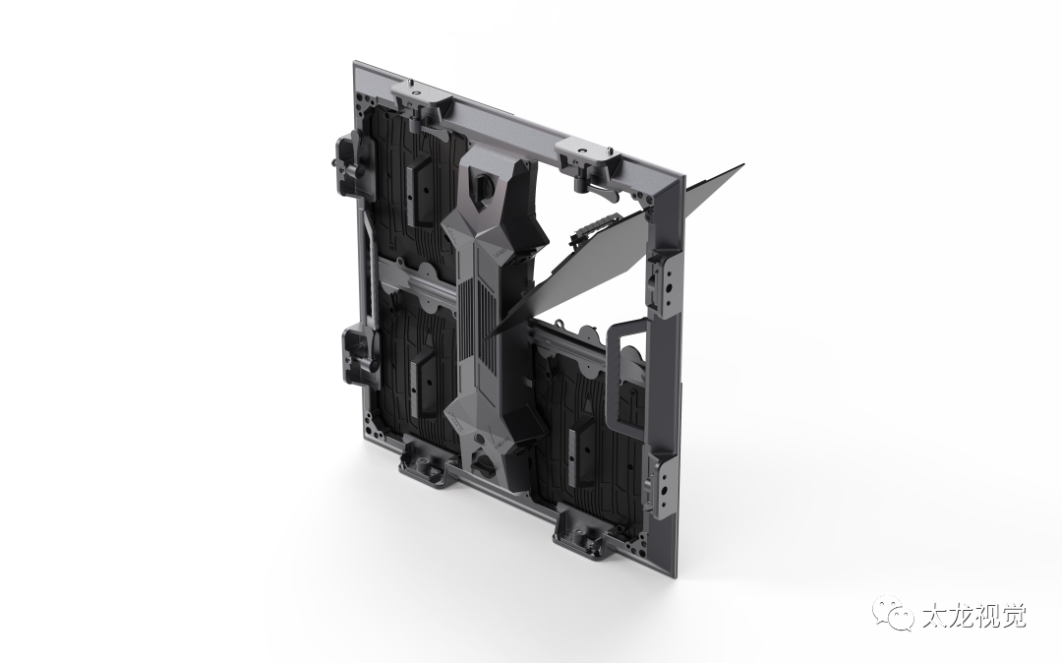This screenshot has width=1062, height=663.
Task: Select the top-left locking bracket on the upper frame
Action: pyautogui.click(x=421, y=97)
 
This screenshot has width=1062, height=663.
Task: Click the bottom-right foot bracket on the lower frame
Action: pyautogui.click(x=586, y=530)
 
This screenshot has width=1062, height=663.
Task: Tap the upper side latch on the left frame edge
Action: pyautogui.click(x=351, y=161)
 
